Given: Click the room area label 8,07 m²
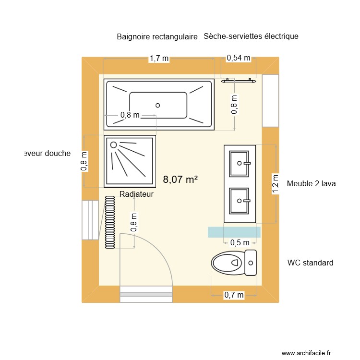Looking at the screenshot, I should (x=180, y=180).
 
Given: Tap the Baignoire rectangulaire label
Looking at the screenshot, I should (x=157, y=37).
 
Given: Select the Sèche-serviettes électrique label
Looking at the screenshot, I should (x=251, y=36).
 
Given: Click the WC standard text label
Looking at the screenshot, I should (x=310, y=263).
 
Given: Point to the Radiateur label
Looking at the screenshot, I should (x=136, y=194).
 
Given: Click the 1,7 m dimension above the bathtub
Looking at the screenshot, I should (x=159, y=59).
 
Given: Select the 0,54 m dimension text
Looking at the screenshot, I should (x=239, y=58).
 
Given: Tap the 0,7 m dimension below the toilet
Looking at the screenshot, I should (x=234, y=295).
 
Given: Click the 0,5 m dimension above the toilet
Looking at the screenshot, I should (x=240, y=243).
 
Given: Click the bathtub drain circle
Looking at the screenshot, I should (x=157, y=105).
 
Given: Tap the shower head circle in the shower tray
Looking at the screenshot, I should (x=114, y=144).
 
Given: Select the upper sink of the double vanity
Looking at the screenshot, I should (x=240, y=163).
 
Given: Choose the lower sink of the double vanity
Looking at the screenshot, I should (x=240, y=200).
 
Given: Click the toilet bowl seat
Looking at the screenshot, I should (x=227, y=263).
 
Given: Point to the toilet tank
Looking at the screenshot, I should (x=251, y=263).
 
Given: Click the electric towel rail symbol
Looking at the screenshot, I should (x=238, y=81).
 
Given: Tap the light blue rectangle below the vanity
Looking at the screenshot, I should (x=234, y=232).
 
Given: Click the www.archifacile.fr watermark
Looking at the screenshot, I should (x=306, y=353).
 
